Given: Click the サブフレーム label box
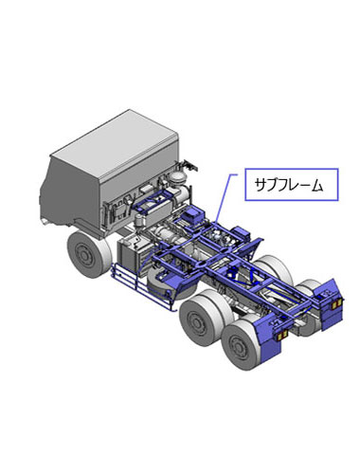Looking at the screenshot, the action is pyautogui.click(x=292, y=185).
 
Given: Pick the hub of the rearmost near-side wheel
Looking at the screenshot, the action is pyautogui.click(x=237, y=345).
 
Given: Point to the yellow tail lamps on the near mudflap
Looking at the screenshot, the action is pyautogui.click(x=282, y=336).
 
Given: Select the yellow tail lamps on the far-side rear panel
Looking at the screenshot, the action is pyautogui.click(x=335, y=304).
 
